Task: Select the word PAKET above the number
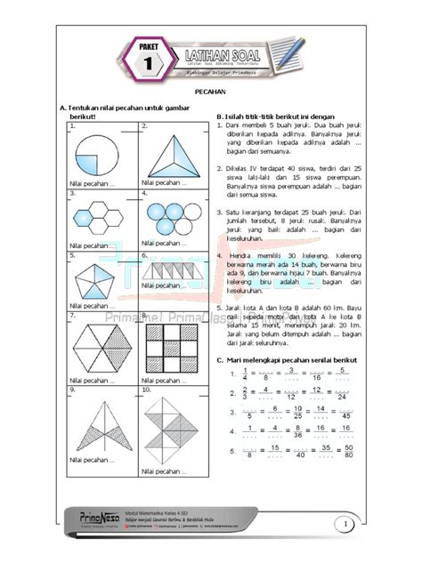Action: (150, 40)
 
